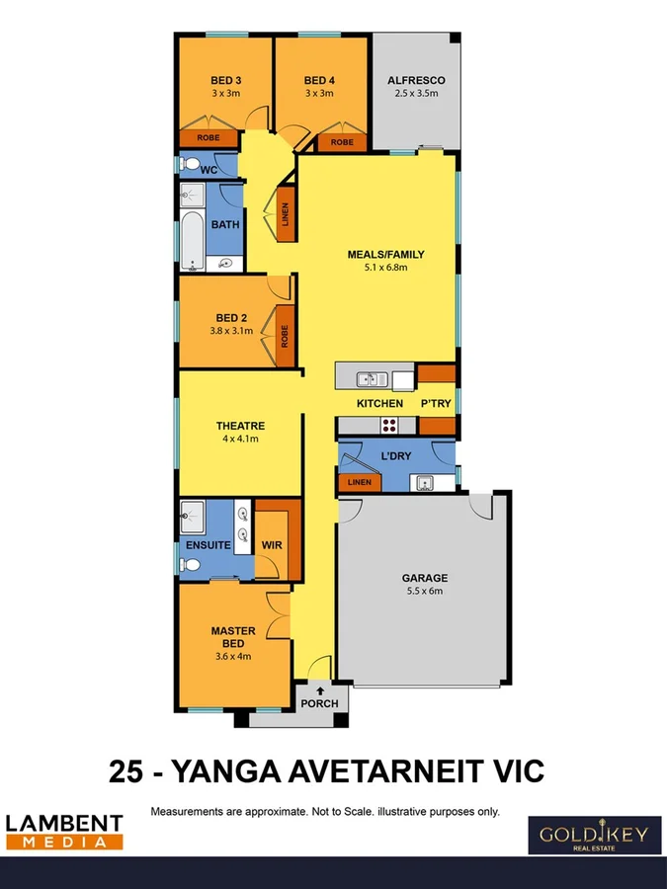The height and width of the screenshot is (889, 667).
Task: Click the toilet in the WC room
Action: (x=190, y=165)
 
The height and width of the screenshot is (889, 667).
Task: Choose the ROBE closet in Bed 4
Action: (x=342, y=142)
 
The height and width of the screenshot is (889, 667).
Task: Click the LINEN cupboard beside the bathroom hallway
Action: (x=286, y=215)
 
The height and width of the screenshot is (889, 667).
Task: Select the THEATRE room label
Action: (x=240, y=426)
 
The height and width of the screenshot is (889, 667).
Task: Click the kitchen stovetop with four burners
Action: (x=389, y=426)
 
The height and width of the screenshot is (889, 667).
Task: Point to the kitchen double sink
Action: (x=372, y=377)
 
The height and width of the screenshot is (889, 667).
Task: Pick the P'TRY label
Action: (x=436, y=403)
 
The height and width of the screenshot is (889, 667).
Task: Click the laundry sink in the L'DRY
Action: (x=426, y=483)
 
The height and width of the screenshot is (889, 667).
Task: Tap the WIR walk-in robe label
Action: (x=272, y=544)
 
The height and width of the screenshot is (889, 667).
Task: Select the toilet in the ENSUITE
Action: (x=192, y=565)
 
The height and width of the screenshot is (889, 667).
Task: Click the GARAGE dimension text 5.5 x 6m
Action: (x=424, y=592)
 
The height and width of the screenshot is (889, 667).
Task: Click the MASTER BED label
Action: (x=233, y=637)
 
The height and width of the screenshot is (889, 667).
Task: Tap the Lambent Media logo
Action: (x=64, y=831)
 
